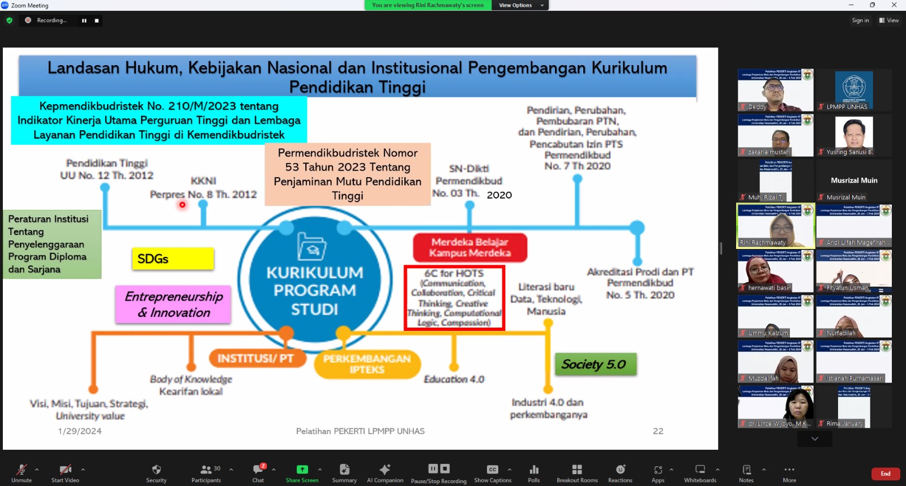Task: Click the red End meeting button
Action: [885, 474]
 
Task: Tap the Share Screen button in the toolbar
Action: [302, 473]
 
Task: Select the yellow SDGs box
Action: [173, 259]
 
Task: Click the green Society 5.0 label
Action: [595, 364]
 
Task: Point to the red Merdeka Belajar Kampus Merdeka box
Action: [470, 247]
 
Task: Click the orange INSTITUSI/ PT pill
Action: [256, 358]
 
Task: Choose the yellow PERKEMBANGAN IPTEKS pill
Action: [367, 364]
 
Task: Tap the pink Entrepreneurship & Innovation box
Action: [173, 304]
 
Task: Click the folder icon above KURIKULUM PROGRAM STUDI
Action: [312, 246]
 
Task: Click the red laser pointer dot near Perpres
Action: [182, 205]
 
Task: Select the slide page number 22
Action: [658, 431]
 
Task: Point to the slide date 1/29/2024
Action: [80, 431]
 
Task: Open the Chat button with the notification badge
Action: [258, 473]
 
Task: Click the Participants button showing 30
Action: [206, 473]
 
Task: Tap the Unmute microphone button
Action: [22, 473]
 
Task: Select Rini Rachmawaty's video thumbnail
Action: [775, 225]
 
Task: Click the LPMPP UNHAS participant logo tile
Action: [854, 89]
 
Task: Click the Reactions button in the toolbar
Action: [620, 473]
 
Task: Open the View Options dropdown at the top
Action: [520, 5]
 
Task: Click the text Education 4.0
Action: [454, 379]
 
